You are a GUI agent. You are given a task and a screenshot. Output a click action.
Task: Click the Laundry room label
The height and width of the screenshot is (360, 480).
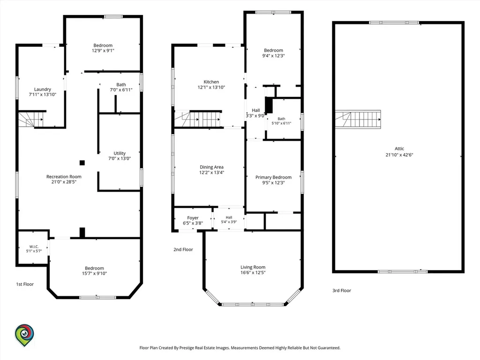pyautogui.click(x=43, y=90)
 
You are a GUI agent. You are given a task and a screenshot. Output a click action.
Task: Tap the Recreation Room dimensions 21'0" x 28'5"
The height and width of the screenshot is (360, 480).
pyautogui.click(x=64, y=182)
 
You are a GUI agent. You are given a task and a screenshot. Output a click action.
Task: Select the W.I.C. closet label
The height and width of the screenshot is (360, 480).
pyautogui.click(x=34, y=247)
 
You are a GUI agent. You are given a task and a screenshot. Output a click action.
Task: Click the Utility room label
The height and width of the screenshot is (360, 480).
pyautogui.click(x=120, y=153)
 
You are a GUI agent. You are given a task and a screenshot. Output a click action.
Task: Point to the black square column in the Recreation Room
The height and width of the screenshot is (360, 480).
pyautogui.click(x=82, y=163)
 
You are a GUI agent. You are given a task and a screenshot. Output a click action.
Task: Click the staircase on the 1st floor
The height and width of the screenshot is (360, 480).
pyautogui.click(x=30, y=120)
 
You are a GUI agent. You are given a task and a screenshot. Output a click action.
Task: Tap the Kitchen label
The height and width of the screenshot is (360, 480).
pyautogui.click(x=211, y=82)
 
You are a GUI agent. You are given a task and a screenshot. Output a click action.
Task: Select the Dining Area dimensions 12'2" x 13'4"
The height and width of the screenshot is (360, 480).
pyautogui.click(x=211, y=172)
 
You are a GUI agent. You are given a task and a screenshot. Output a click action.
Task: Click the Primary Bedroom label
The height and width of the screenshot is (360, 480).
pyautogui.click(x=273, y=177)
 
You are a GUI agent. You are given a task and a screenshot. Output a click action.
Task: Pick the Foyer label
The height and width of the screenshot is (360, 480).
pyautogui.click(x=193, y=217)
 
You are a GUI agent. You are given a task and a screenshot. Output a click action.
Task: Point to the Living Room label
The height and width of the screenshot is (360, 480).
pyautogui.click(x=253, y=267)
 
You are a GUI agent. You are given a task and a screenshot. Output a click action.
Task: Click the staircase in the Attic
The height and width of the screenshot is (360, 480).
pyautogui.click(x=358, y=120)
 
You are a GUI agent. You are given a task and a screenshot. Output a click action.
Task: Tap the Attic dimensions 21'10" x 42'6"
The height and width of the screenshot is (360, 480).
pyautogui.click(x=399, y=155)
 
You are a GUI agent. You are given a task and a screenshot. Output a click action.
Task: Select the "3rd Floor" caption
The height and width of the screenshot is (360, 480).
pyautogui.click(x=342, y=291)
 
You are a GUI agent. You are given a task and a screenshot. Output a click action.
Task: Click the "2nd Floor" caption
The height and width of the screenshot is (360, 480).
pyautogui.click(x=183, y=249)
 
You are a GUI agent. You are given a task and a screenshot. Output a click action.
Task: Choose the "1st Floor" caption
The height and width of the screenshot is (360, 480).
pyautogui.click(x=25, y=284)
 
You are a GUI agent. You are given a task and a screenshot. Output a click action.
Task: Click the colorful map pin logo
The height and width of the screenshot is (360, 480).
pyautogui.click(x=24, y=335)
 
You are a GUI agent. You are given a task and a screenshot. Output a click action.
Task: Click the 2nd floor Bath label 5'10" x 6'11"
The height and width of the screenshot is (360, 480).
pyautogui.click(x=281, y=121)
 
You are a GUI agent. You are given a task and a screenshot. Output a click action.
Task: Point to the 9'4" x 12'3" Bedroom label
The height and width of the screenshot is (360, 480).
pyautogui.click(x=273, y=53)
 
